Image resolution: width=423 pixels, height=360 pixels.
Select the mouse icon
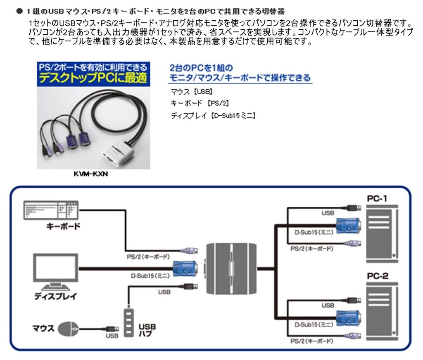tap(67, 329)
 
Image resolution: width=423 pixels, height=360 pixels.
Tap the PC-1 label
tap(377, 199)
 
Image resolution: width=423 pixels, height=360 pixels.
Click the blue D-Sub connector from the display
tap(185, 269)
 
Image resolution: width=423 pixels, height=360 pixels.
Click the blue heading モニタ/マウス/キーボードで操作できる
tap(240, 77)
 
